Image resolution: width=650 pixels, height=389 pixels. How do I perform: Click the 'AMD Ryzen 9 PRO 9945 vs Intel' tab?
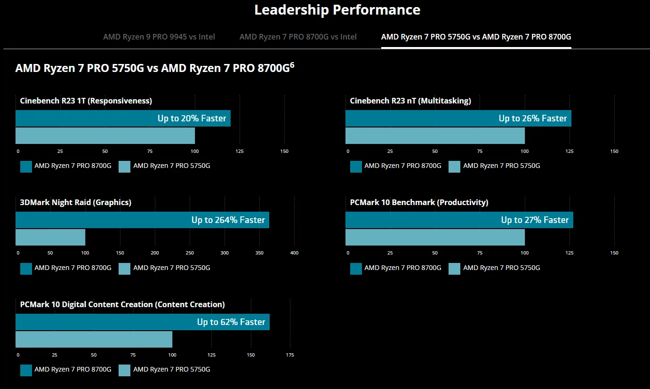point(159,37)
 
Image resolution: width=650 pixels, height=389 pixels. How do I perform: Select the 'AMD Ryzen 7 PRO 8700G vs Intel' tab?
point(298,37)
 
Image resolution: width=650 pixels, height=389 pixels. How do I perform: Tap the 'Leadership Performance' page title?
point(337,9)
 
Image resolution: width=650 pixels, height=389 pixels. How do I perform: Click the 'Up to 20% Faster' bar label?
point(192,119)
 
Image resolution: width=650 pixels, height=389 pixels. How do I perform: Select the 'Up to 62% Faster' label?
point(231,322)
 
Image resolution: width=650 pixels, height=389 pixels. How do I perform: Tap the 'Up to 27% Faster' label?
point(535,220)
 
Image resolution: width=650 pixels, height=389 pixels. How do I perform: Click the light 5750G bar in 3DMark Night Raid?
point(50,237)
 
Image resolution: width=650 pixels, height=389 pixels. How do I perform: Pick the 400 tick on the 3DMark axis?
point(294,253)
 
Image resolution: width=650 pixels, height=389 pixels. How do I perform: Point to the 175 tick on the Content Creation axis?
point(290,355)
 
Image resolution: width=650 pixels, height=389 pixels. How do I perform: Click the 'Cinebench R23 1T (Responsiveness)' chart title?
point(86,101)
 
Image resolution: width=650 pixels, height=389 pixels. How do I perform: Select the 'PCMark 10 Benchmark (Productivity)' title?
point(419,202)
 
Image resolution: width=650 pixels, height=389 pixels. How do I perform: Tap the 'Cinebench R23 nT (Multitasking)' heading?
point(410,101)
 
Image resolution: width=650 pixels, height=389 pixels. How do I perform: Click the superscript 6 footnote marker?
point(292,65)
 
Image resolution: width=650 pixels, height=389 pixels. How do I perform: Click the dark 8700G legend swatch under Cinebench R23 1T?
point(26,167)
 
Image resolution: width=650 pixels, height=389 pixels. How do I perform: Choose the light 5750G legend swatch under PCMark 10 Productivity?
point(454,269)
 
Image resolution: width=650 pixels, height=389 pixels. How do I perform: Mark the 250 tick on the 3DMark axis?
point(190,253)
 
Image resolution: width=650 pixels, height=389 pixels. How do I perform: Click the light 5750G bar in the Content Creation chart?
point(94,339)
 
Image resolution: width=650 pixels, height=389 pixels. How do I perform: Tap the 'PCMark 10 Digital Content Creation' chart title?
point(122,304)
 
